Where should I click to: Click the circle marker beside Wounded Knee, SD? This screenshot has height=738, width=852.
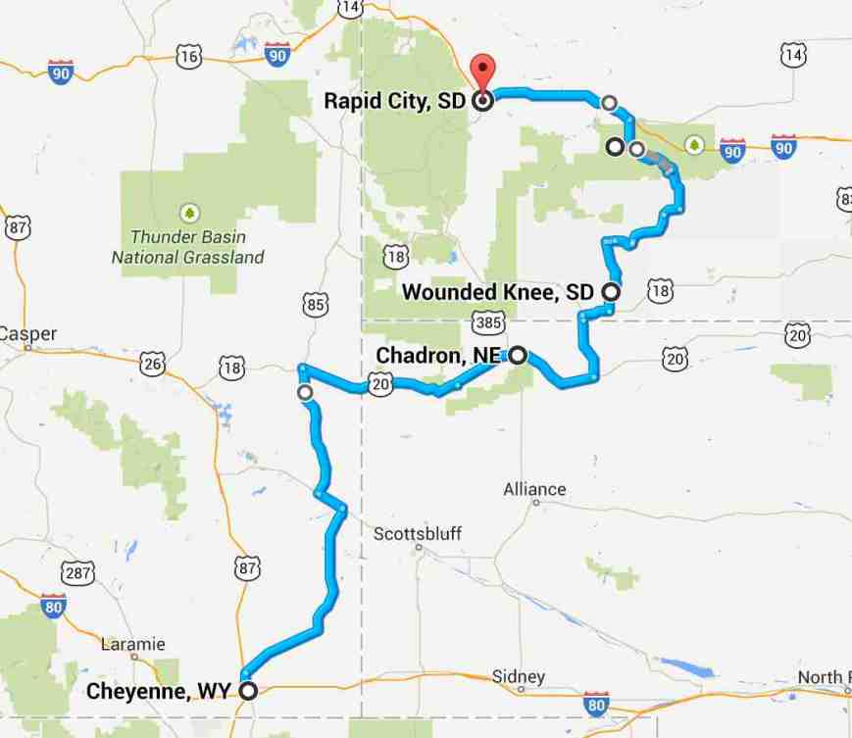611,291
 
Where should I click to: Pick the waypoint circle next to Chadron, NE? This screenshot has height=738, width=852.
516,355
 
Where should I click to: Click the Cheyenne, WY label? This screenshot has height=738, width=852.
158,690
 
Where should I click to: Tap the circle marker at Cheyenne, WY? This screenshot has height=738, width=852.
249,690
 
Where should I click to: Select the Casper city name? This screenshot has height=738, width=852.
27,333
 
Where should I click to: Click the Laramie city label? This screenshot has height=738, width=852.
133,644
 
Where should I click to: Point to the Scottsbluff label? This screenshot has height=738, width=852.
418,534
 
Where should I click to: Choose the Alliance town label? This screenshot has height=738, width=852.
534,489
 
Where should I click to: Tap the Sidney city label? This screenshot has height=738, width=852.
518,677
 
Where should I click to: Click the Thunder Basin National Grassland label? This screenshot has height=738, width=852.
187,247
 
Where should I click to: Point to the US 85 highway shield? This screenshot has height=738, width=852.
315,305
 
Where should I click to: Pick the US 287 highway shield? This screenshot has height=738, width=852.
76,571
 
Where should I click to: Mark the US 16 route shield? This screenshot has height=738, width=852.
189,57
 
